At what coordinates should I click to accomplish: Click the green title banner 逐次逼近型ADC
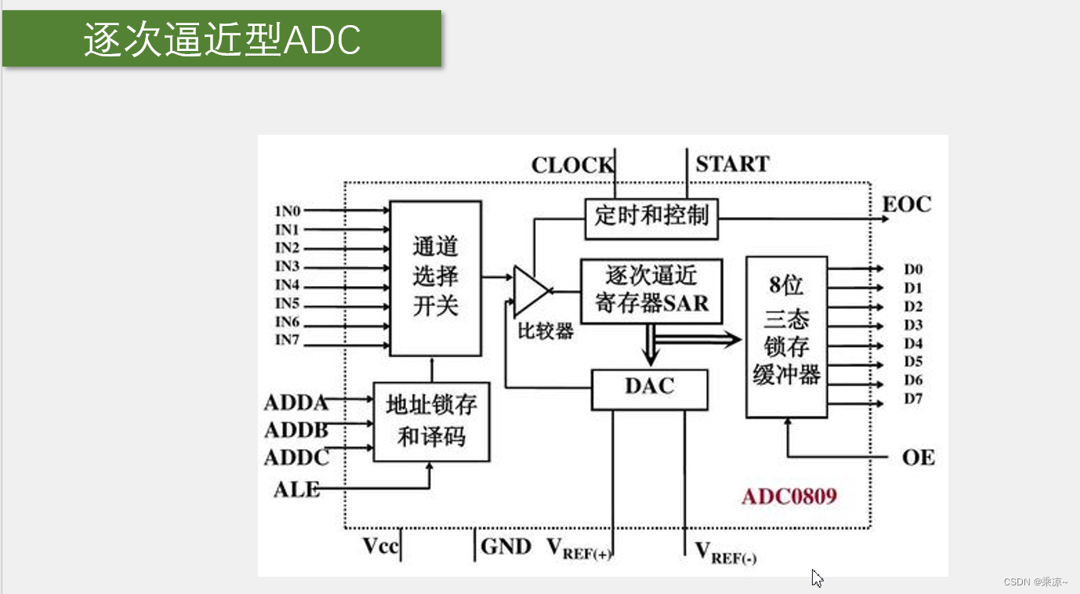coord(222,38)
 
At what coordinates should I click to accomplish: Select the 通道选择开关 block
coord(435,277)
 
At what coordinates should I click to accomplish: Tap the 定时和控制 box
coord(651,216)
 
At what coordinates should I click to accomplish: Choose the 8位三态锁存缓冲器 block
coord(786,336)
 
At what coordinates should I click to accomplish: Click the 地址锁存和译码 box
coord(431,421)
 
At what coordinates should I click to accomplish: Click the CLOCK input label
coord(572,165)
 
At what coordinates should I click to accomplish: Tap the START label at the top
coord(733,164)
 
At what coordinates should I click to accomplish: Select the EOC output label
coord(907,205)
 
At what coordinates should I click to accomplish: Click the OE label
coord(918,457)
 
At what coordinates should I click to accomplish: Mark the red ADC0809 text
coord(789,497)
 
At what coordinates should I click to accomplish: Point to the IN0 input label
coord(288,211)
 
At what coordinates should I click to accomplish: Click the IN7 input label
coord(288,340)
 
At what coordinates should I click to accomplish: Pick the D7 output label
coord(913,399)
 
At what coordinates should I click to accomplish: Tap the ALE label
coord(297,489)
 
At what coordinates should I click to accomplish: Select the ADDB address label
coord(296,430)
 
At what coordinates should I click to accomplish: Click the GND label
coord(506,546)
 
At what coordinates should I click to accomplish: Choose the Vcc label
coord(381,546)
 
